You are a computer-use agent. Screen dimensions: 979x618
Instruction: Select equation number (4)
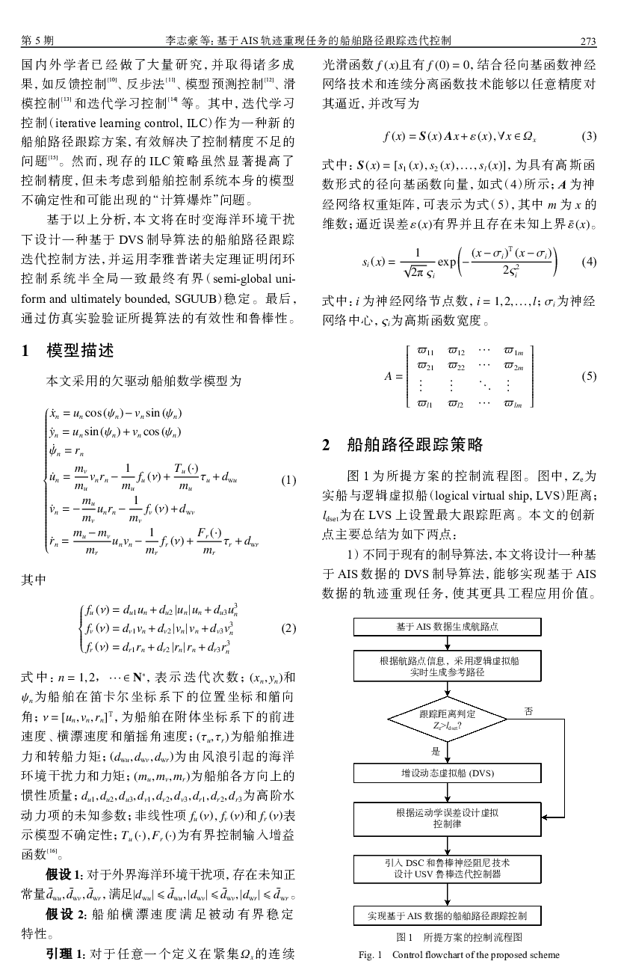pyautogui.click(x=588, y=263)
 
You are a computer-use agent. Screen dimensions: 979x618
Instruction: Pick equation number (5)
pyautogui.click(x=588, y=376)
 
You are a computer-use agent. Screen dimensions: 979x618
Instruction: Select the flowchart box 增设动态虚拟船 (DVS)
pyautogui.click(x=447, y=772)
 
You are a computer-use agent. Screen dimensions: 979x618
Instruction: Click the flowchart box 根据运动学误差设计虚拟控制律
pyautogui.click(x=447, y=817)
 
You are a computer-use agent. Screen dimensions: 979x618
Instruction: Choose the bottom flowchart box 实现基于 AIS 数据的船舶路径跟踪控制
pyautogui.click(x=447, y=915)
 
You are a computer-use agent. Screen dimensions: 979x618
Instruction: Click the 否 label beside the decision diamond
pyautogui.click(x=528, y=711)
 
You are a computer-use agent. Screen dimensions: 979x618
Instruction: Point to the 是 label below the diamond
pyautogui.click(x=436, y=750)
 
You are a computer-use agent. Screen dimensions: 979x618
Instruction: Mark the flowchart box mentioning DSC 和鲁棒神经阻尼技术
pyautogui.click(x=447, y=868)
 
